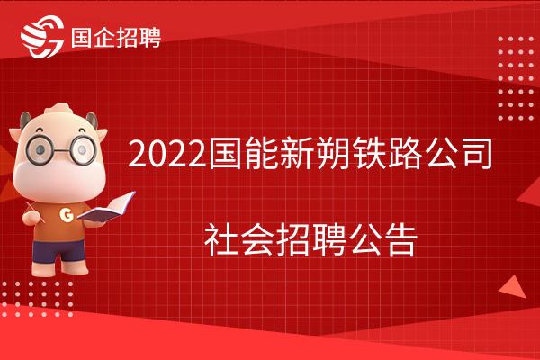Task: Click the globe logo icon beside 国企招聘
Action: tap(42, 36)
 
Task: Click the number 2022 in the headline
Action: tap(167, 153)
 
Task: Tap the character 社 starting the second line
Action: tap(221, 238)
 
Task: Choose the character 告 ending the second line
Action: tap(400, 238)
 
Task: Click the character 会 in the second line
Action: tap(256, 238)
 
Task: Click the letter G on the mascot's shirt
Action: tap(67, 214)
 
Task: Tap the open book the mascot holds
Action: tap(106, 207)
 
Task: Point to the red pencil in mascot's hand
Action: tap(35, 212)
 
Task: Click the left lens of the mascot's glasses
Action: tap(40, 149)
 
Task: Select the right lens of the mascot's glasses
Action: tap(83, 149)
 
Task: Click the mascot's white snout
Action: tap(59, 180)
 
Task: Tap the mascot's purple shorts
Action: tap(58, 251)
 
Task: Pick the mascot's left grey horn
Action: tap(25, 121)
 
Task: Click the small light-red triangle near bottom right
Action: tap(513, 287)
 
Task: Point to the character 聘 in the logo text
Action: tap(150, 37)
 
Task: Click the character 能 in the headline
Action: tap(261, 153)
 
